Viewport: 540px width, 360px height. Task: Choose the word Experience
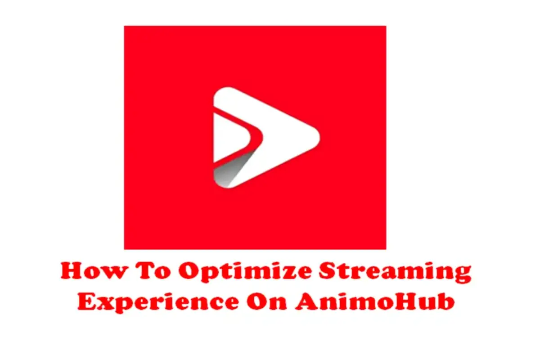click(158, 302)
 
